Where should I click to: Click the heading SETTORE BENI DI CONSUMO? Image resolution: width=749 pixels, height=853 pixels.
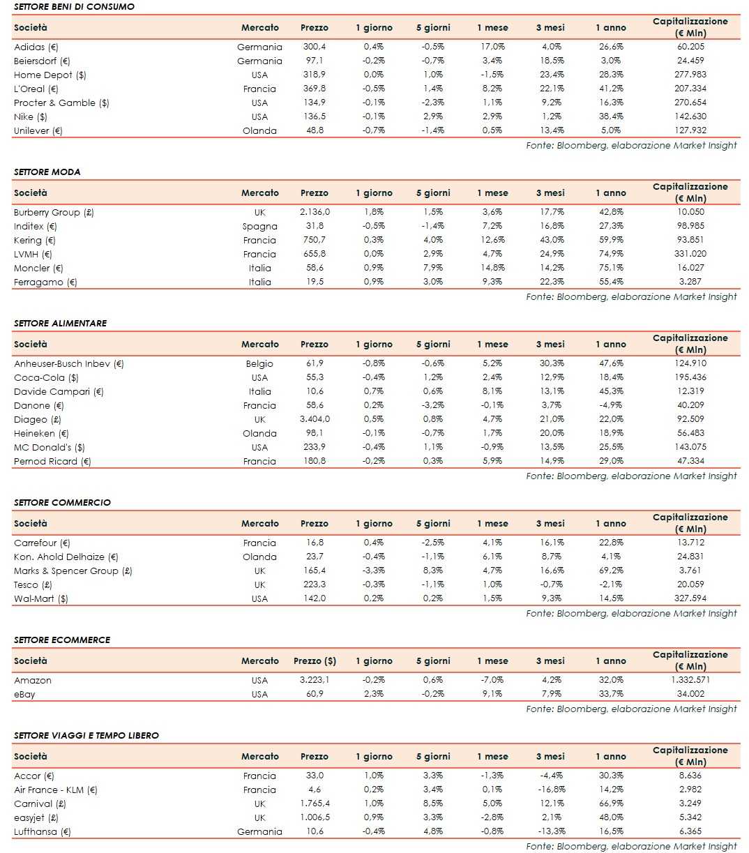(x=74, y=6)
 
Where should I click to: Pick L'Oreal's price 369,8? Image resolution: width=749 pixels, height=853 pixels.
(x=314, y=89)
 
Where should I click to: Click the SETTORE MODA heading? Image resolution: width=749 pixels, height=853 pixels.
(x=47, y=172)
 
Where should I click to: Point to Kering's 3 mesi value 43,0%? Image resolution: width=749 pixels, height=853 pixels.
(x=550, y=240)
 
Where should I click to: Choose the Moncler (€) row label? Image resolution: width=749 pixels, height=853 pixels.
(x=38, y=268)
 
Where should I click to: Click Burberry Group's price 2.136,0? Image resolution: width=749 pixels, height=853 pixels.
(x=315, y=212)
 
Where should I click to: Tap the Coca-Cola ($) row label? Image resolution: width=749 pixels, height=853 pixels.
(x=46, y=377)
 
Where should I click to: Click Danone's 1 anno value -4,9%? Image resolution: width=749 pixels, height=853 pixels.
(x=610, y=405)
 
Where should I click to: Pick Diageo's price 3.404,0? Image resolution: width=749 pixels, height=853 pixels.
(x=315, y=419)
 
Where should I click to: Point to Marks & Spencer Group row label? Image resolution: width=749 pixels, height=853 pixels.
(x=73, y=571)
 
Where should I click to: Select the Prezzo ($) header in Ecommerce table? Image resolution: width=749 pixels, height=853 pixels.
(x=315, y=660)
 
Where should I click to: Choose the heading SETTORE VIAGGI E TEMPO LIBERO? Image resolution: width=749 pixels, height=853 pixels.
(x=86, y=735)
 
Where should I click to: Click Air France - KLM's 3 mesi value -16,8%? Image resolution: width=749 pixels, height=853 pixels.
(x=550, y=790)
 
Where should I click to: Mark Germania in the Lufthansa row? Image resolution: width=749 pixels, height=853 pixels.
(x=259, y=831)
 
